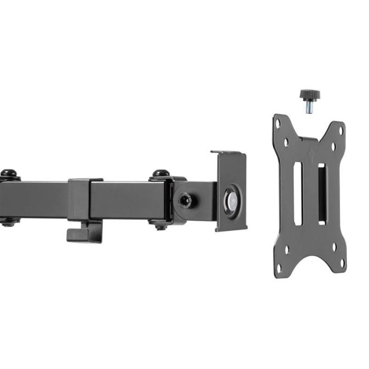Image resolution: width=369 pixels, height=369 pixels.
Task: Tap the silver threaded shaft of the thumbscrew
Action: point(310,107)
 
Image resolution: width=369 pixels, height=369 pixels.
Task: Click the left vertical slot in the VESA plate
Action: point(297,193)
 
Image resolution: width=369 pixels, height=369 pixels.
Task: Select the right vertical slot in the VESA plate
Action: point(322,193)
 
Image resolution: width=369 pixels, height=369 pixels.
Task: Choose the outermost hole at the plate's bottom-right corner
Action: point(342,262)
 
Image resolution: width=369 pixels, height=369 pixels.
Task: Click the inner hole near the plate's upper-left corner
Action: point(286,142)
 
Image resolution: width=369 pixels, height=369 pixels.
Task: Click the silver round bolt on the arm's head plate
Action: point(231,199)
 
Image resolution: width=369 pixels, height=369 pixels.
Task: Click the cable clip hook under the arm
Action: point(84,232)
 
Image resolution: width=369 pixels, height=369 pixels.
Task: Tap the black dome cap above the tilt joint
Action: point(161,173)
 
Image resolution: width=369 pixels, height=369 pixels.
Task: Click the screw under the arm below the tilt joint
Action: point(160,226)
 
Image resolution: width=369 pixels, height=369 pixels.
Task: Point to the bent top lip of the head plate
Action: point(228,153)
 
